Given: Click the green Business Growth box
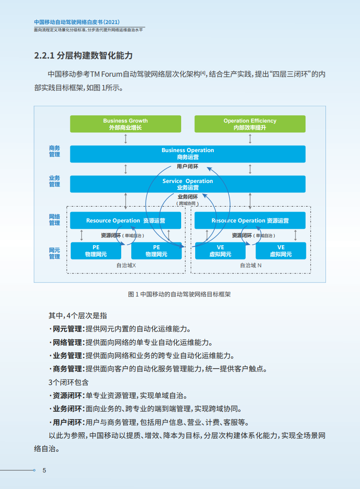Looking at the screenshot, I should [125, 124].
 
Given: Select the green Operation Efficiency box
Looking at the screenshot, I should [250, 124].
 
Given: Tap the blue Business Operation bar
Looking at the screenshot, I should [187, 153].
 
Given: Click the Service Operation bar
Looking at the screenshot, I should [187, 184].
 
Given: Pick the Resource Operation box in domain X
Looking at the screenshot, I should [125, 221].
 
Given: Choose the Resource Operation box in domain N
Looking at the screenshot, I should [250, 221].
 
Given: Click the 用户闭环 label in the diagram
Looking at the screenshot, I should [187, 167].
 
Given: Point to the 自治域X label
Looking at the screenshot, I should [126, 265].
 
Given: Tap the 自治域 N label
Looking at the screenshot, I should [251, 265].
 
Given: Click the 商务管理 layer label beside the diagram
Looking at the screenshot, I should [54, 151].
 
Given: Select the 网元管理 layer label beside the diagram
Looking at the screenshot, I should [54, 253].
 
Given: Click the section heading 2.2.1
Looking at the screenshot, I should [84, 56].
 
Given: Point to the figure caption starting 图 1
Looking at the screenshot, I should [180, 294].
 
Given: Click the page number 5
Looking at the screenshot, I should [44, 470].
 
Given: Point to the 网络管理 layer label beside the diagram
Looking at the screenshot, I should [54, 220].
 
